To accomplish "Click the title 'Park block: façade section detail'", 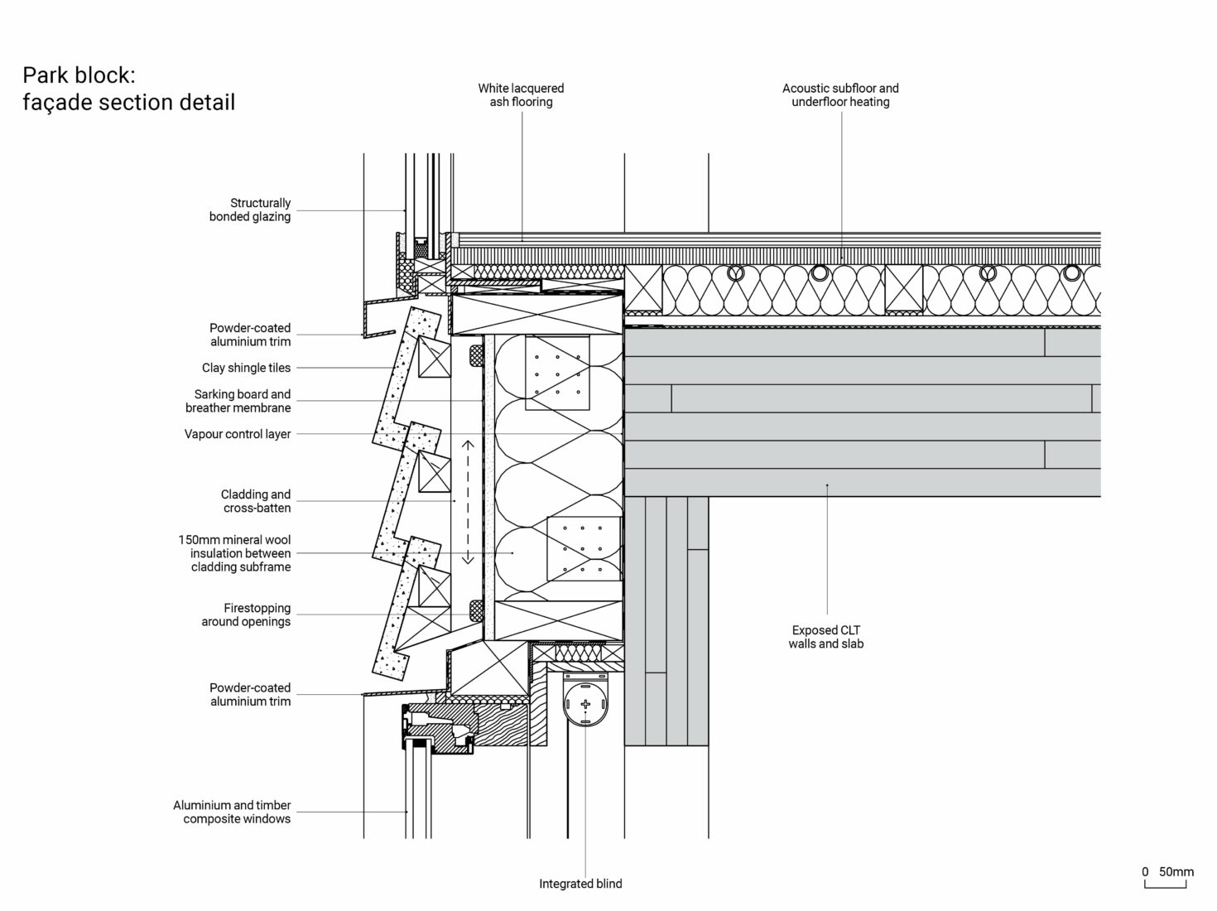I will [x=129, y=89].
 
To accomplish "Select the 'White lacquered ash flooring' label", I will [x=521, y=95].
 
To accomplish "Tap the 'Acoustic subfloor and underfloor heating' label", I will [x=840, y=95].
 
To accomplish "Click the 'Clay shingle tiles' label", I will [x=246, y=368].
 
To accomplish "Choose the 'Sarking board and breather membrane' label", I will [x=238, y=401].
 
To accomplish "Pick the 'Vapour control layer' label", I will [x=238, y=434].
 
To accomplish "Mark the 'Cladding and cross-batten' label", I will [x=256, y=501].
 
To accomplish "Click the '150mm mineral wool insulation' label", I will [x=235, y=553].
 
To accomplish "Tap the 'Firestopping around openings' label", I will [x=246, y=615].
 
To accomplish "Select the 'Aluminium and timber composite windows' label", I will [x=233, y=812].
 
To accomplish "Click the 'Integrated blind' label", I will [x=580, y=884].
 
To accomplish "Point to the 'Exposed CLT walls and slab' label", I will [x=825, y=637].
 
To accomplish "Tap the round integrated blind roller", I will [x=585, y=705].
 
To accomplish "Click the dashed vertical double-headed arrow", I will [x=468, y=502].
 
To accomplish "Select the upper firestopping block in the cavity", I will [x=475, y=354].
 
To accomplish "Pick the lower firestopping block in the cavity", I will [x=475, y=611].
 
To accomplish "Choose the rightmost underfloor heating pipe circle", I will [x=1072, y=272].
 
